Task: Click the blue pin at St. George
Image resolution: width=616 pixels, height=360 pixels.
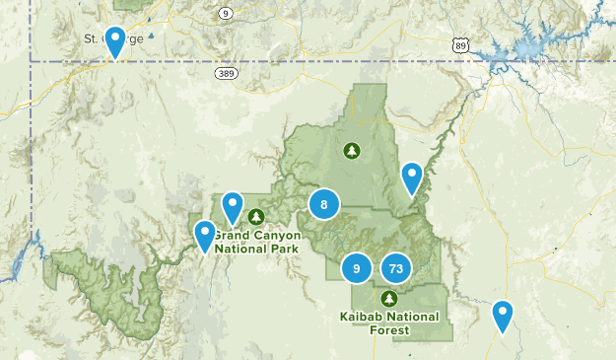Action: [115, 42]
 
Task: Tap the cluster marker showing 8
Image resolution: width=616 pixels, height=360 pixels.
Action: [323, 204]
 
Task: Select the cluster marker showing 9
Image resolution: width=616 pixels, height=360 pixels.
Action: [357, 267]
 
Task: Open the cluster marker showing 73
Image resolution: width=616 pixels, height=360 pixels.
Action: [396, 267]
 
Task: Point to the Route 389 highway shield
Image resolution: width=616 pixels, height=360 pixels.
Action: [227, 73]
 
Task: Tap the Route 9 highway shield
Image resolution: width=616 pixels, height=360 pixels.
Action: [227, 13]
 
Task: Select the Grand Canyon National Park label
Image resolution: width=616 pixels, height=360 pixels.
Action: [255, 243]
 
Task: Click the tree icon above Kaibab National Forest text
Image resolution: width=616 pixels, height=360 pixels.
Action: [388, 298]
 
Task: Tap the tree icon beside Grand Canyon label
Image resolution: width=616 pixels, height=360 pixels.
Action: [256, 217]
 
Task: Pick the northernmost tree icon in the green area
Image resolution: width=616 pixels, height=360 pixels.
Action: [350, 151]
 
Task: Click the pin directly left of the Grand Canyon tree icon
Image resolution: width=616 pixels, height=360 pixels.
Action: [232, 207]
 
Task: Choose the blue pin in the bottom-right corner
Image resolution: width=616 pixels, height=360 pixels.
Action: [503, 316]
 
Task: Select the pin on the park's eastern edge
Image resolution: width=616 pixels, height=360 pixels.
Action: [412, 178]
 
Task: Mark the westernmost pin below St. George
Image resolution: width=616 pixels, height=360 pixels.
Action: [205, 236]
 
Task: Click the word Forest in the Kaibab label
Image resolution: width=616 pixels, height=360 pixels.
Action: [388, 330]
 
